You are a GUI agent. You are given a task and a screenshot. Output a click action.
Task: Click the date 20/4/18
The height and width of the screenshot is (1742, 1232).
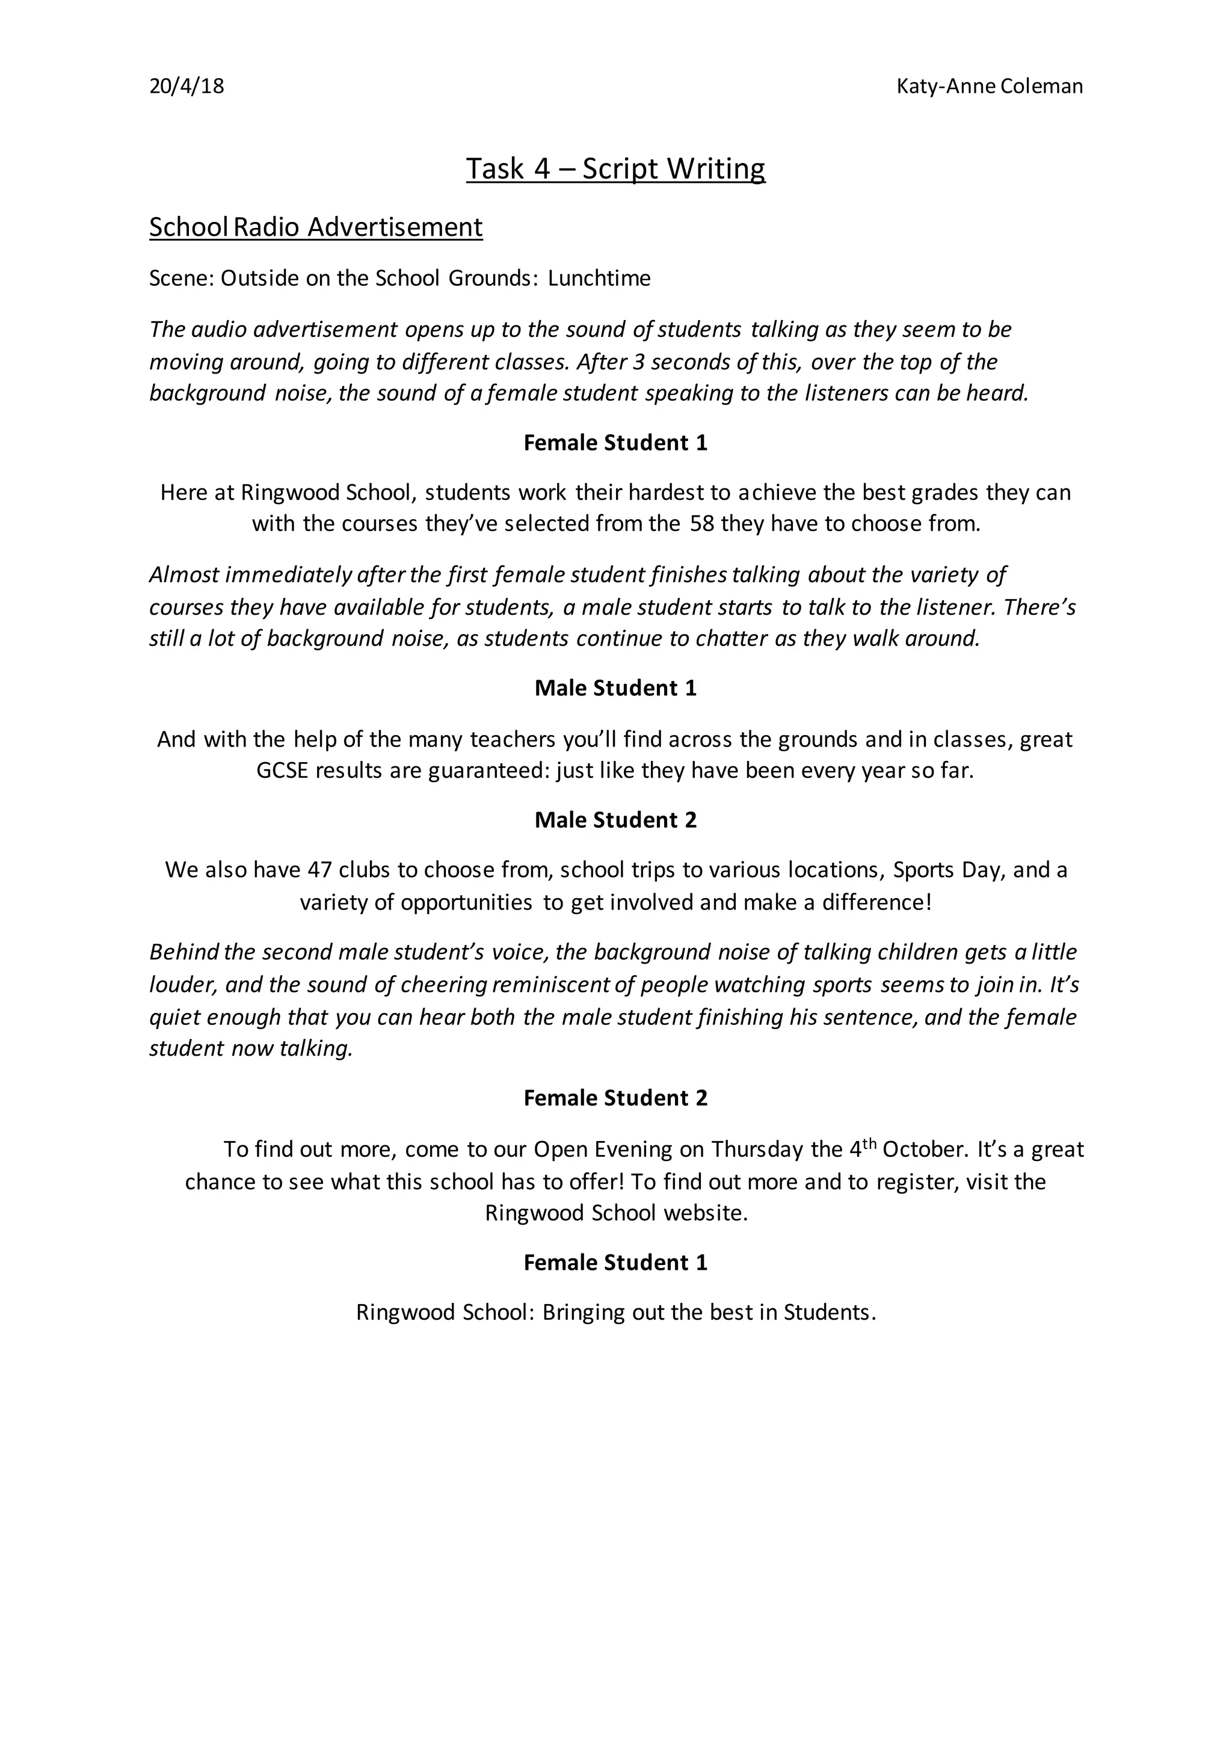tap(186, 87)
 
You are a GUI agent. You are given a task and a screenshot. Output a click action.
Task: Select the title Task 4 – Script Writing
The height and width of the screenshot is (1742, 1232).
tap(615, 168)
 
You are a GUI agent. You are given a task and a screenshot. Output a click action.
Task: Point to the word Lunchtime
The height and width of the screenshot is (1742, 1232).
tap(599, 279)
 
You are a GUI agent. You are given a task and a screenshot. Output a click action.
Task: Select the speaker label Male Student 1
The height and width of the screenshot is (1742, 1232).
tap(615, 688)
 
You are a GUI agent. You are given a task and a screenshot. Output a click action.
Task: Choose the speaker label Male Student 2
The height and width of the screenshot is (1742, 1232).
tap(615, 820)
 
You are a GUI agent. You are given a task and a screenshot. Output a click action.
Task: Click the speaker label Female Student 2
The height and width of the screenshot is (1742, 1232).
tap(615, 1098)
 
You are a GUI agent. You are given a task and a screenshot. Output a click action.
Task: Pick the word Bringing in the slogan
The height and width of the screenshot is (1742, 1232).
tap(584, 1313)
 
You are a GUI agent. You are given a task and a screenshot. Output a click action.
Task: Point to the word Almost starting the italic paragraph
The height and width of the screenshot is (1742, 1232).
tap(184, 575)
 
